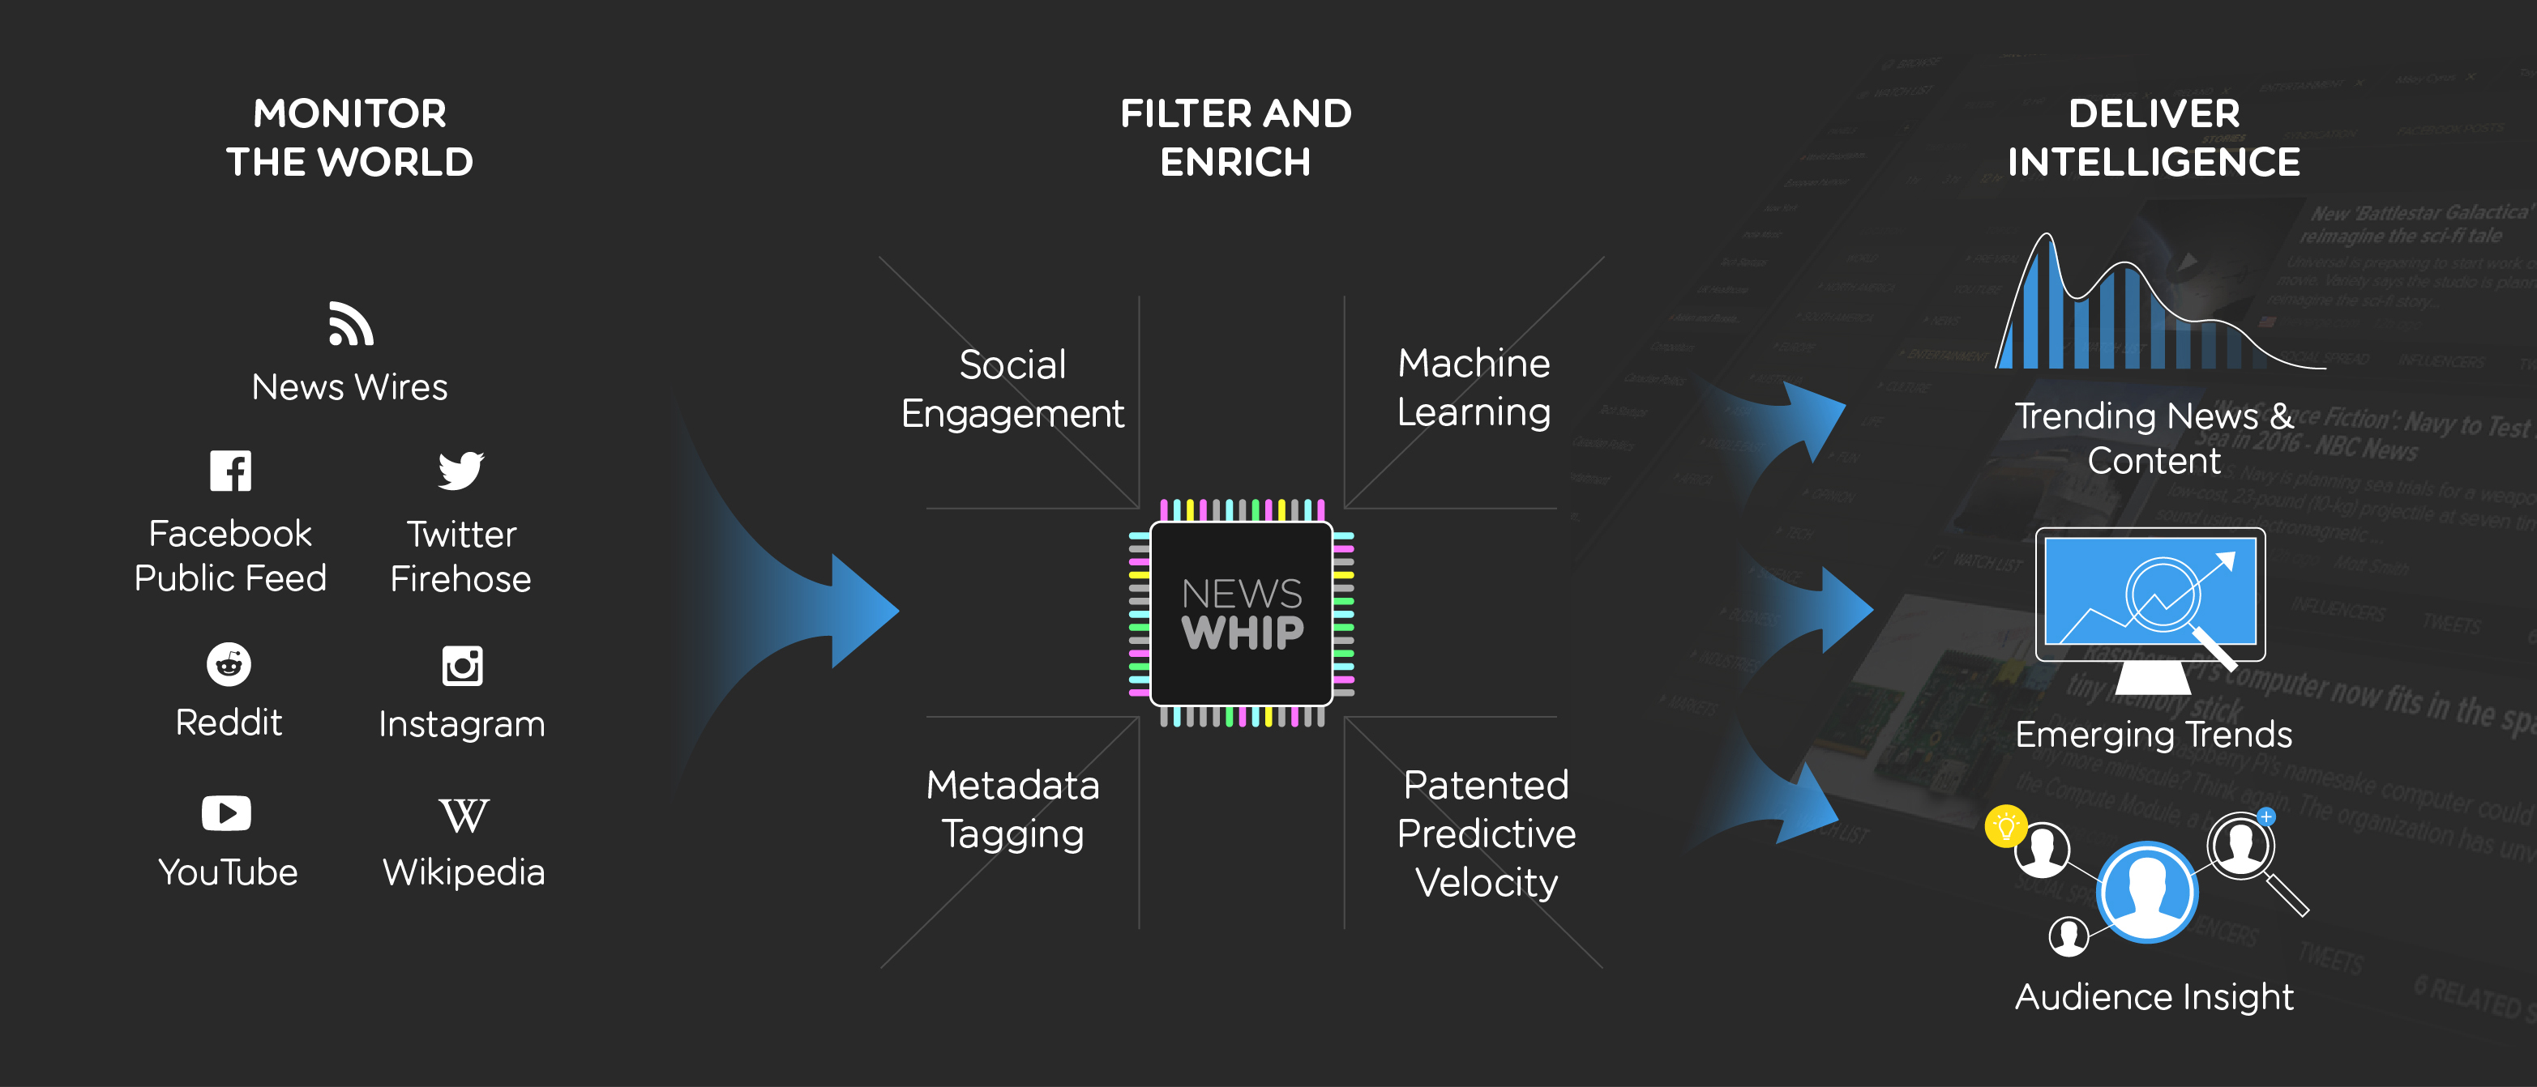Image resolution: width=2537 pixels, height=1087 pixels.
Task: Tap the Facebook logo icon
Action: (230, 471)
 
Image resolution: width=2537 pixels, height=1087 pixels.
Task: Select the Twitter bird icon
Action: (461, 471)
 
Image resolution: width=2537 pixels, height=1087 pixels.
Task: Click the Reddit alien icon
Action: (229, 665)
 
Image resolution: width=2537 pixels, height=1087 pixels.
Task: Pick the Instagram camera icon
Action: (462, 666)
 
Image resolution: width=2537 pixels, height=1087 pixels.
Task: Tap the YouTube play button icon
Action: (226, 813)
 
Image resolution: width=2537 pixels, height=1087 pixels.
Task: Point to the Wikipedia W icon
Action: (463, 815)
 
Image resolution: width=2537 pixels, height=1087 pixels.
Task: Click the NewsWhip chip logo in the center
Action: (1241, 613)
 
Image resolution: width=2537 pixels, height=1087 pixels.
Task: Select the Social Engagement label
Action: (1012, 389)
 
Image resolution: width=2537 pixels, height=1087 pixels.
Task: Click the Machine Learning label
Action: (1474, 387)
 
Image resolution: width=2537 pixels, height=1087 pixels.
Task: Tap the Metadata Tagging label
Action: (1012, 809)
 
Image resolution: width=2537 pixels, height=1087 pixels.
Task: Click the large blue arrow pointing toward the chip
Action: (807, 611)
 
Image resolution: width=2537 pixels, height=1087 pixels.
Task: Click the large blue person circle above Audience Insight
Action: (2147, 892)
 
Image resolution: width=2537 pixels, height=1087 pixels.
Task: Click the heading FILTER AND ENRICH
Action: (1236, 138)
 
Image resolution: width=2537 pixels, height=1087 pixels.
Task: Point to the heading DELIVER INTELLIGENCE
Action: (2154, 138)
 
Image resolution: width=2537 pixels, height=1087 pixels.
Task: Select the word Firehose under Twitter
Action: (461, 579)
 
